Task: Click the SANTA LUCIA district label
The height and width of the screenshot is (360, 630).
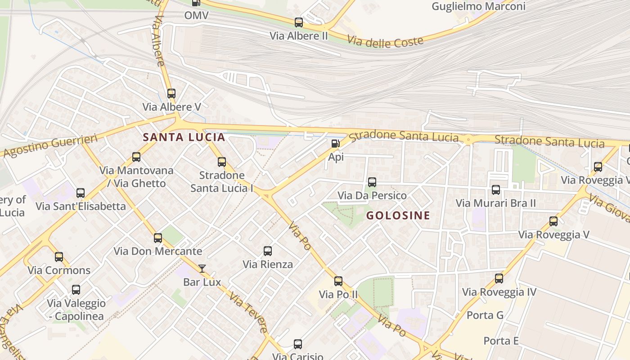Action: pyautogui.click(x=184, y=137)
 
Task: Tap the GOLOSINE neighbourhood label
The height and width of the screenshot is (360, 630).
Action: pyautogui.click(x=398, y=215)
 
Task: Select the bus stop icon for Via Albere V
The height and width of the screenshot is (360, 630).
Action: pyautogui.click(x=171, y=94)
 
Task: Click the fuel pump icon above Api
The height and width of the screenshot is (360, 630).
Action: pyautogui.click(x=335, y=144)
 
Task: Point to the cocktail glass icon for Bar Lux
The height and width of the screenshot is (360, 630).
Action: pyautogui.click(x=202, y=269)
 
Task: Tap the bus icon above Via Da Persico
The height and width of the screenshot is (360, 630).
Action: pyautogui.click(x=372, y=182)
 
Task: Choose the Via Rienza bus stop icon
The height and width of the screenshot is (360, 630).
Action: pyautogui.click(x=268, y=251)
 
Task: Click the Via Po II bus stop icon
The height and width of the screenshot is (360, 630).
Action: pyautogui.click(x=338, y=281)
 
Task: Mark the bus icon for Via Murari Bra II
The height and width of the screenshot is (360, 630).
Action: pyautogui.click(x=496, y=190)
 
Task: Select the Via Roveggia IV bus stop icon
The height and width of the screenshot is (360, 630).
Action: pyautogui.click(x=499, y=279)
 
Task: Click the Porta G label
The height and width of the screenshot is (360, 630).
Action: pyautogui.click(x=485, y=315)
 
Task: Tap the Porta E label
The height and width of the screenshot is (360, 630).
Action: pyautogui.click(x=501, y=341)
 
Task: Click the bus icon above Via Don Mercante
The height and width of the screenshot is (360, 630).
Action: pyautogui.click(x=158, y=238)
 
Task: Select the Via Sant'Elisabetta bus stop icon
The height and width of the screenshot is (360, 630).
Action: pyautogui.click(x=81, y=193)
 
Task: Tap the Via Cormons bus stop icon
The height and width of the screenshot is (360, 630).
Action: pyautogui.click(x=59, y=257)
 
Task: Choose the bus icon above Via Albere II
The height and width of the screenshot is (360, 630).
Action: pyautogui.click(x=299, y=22)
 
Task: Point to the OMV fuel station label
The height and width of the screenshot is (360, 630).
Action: pyautogui.click(x=196, y=15)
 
